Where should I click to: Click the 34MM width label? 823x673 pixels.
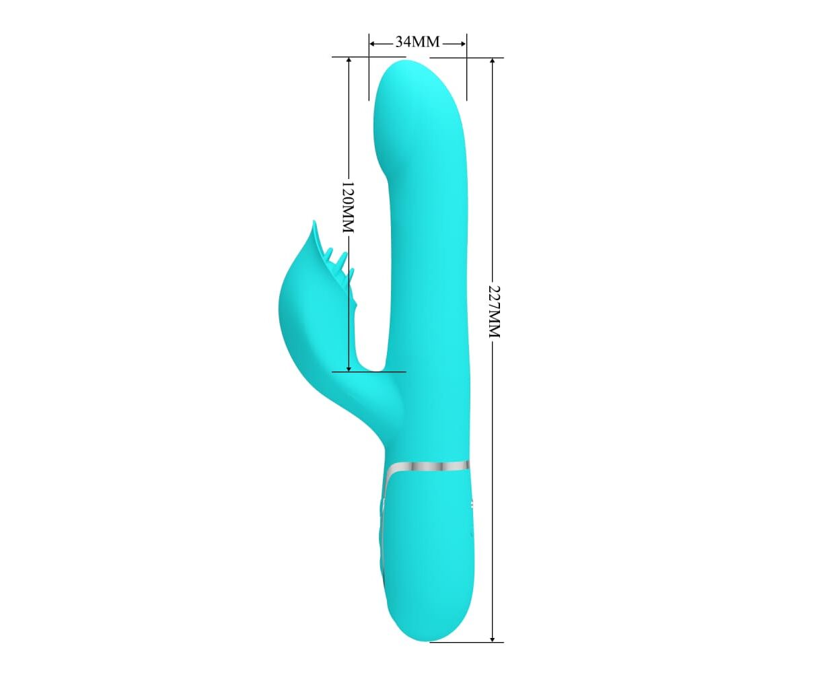pyautogui.click(x=417, y=42)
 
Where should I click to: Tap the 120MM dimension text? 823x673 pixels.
pyautogui.click(x=348, y=207)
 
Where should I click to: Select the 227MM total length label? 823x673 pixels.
pyautogui.click(x=494, y=312)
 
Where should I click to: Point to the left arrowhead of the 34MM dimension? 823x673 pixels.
pyautogui.click(x=373, y=44)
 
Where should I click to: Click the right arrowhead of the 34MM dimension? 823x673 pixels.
pyautogui.click(x=462, y=44)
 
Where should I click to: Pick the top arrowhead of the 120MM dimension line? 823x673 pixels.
pyautogui.click(x=349, y=61)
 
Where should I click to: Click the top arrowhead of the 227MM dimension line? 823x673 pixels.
pyautogui.click(x=493, y=62)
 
